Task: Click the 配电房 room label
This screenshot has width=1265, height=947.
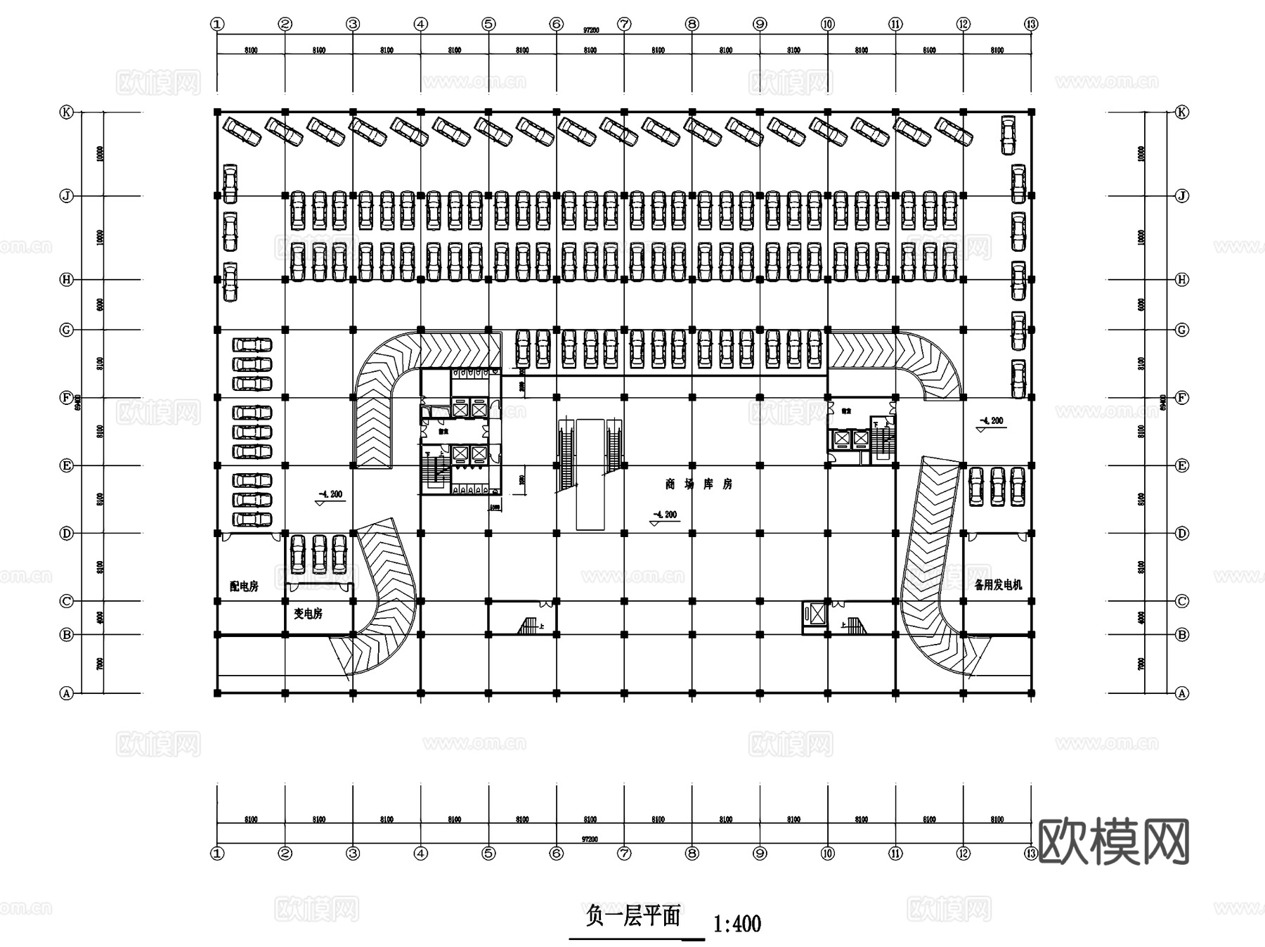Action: click(244, 586)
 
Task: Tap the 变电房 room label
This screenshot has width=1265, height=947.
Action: click(308, 613)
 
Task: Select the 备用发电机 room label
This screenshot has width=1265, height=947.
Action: click(998, 584)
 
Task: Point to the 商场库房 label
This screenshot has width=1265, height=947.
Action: click(699, 484)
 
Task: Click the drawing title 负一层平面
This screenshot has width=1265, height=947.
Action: click(632, 916)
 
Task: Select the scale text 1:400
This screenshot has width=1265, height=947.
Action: click(737, 922)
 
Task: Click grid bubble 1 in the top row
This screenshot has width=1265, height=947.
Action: click(217, 24)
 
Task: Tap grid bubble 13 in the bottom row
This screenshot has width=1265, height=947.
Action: click(1031, 853)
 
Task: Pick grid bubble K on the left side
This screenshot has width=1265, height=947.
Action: click(67, 112)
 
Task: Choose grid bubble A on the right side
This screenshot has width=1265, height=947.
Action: click(1182, 692)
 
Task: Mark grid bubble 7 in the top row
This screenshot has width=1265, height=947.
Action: click(624, 24)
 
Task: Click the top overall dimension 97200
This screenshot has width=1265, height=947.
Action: click(591, 31)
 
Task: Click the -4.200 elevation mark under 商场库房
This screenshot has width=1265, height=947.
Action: click(665, 515)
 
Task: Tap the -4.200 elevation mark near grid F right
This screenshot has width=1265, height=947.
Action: click(992, 420)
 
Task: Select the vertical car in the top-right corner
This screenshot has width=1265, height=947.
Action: click(1008, 135)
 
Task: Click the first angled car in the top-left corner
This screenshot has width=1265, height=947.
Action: click(242, 131)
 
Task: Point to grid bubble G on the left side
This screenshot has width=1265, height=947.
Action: click(67, 329)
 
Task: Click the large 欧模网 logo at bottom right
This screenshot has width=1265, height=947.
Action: click(1113, 841)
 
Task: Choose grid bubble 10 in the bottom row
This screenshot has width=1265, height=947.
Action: click(827, 853)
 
